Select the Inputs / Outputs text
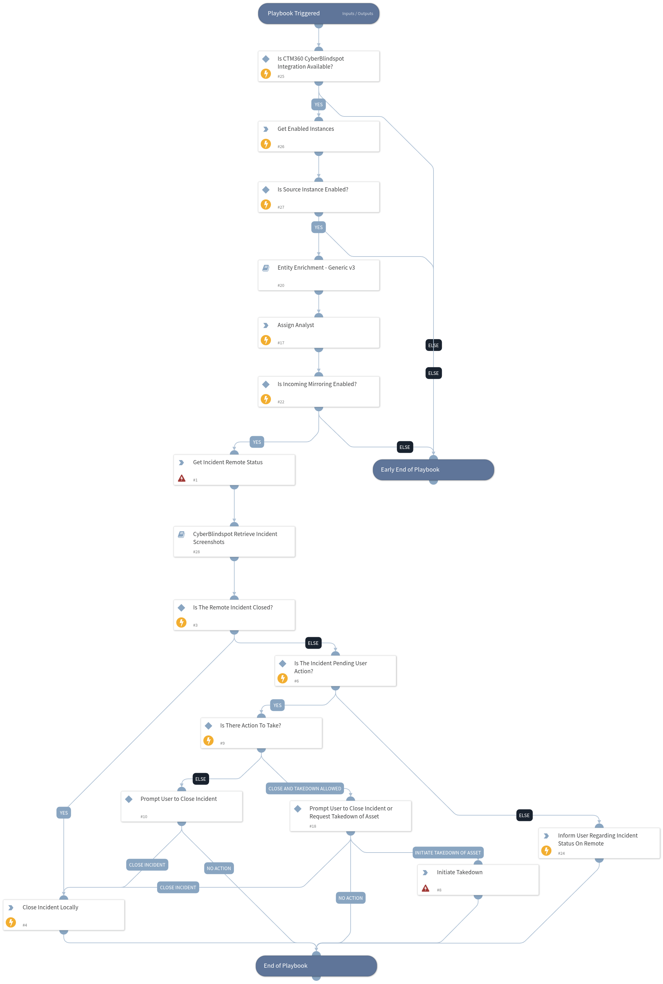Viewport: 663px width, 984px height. (357, 13)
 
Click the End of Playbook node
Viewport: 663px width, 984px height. (316, 965)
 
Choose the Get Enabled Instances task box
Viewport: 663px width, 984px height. (318, 136)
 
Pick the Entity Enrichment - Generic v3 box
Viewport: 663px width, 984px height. (318, 275)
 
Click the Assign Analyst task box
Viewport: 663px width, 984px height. (318, 333)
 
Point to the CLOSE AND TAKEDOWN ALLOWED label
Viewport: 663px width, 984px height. (304, 788)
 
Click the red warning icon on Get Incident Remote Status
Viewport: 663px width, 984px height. (181, 478)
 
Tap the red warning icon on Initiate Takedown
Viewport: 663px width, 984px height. (425, 888)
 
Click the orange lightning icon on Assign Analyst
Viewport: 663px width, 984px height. (266, 340)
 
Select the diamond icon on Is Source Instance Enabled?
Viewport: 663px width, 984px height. (266, 190)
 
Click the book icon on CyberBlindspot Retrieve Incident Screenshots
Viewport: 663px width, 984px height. (181, 534)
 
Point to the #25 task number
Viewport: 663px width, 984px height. (281, 77)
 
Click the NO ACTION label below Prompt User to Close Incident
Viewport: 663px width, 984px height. (219, 868)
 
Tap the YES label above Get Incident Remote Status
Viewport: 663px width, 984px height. (257, 442)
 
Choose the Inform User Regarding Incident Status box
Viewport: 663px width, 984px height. (599, 843)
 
